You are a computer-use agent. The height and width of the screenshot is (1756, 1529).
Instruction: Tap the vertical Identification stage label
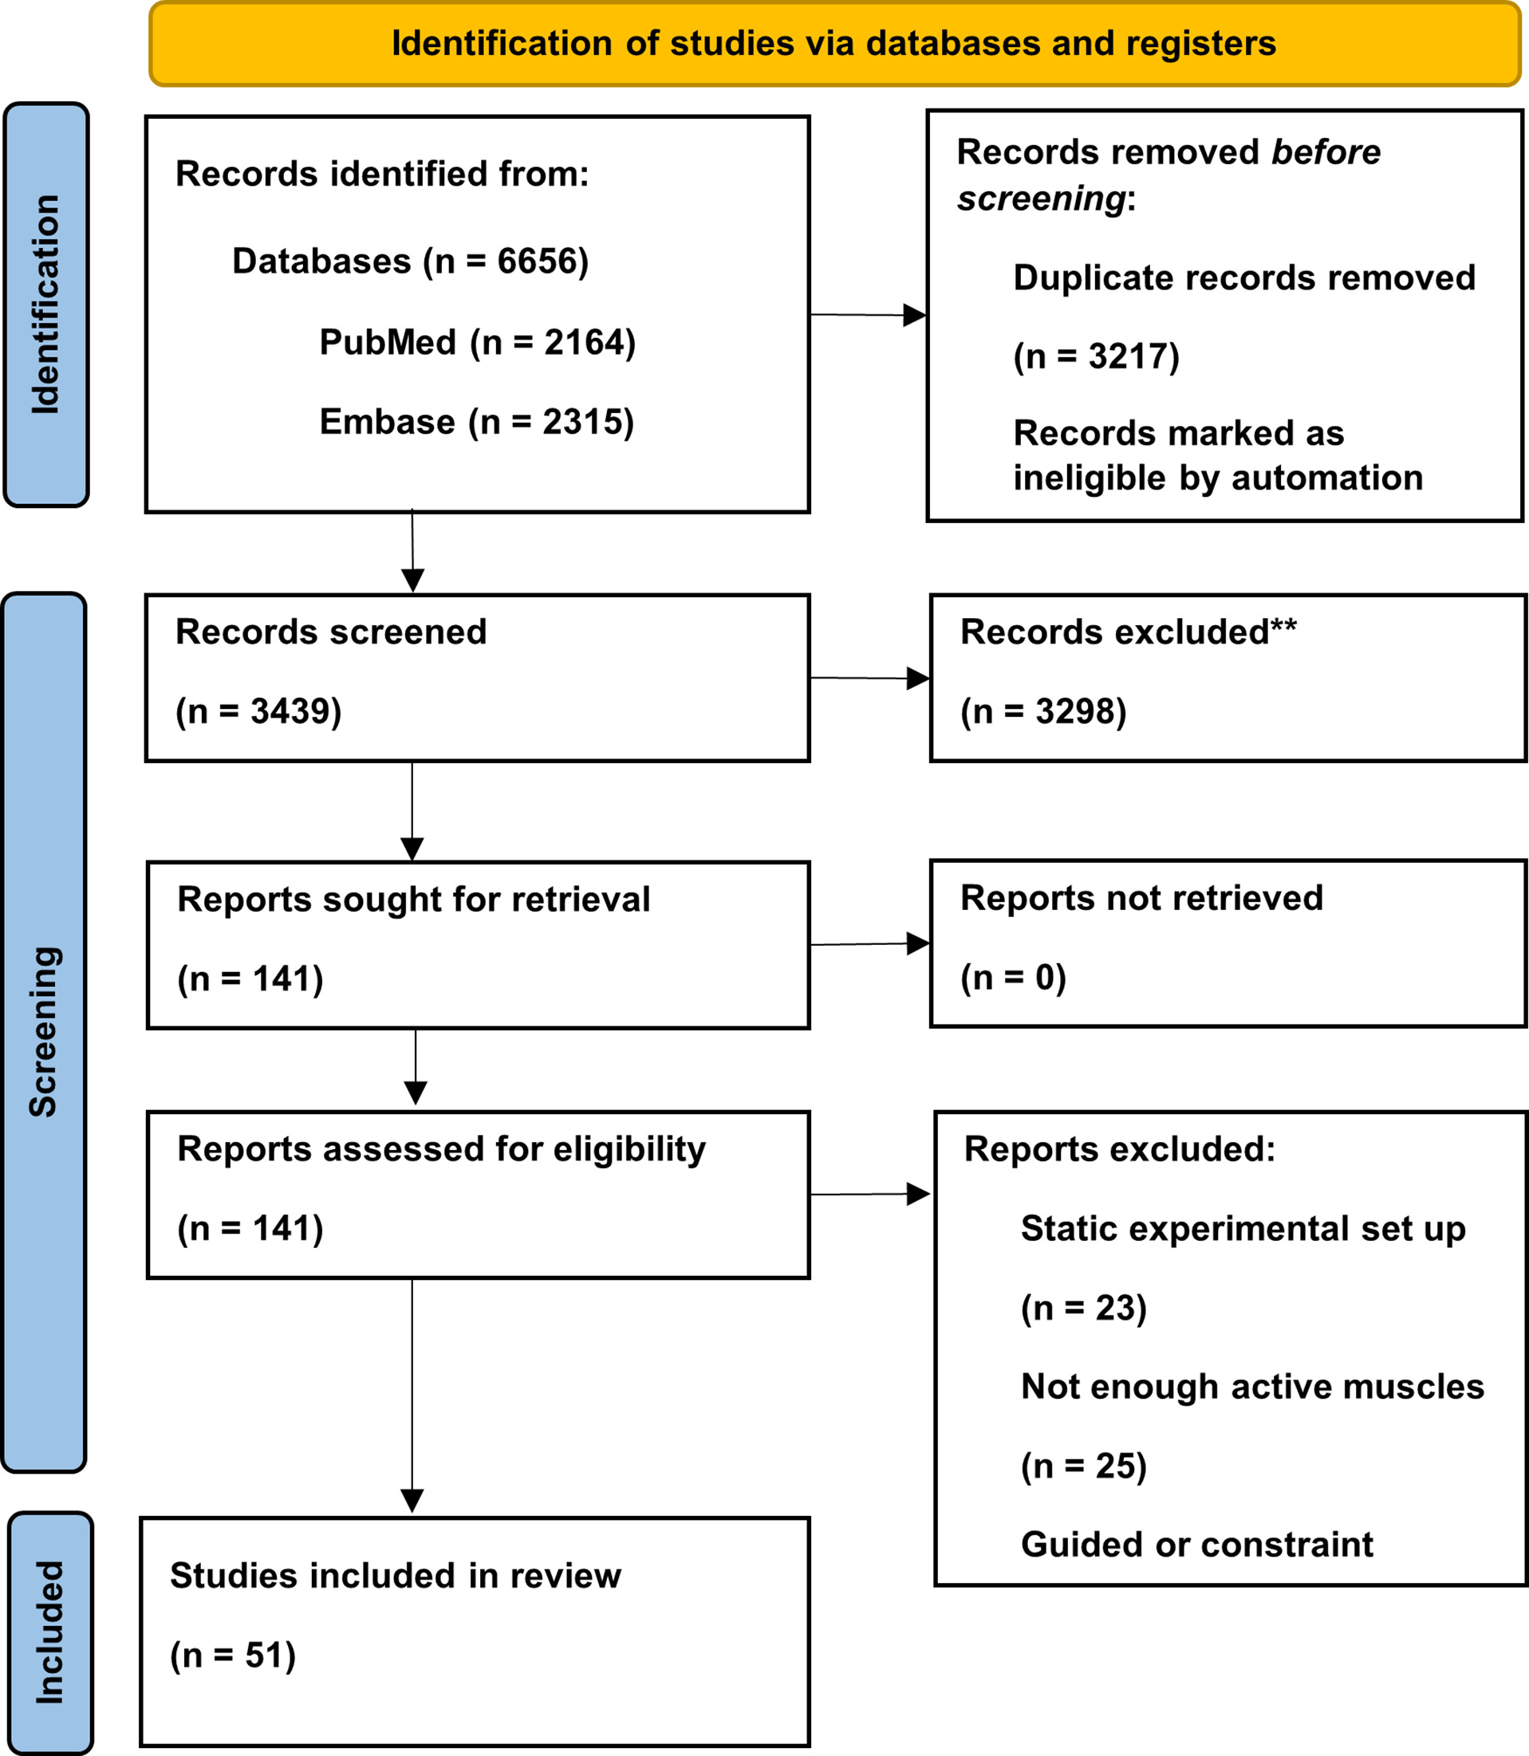point(46,305)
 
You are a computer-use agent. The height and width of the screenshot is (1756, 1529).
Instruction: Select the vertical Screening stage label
point(44,1032)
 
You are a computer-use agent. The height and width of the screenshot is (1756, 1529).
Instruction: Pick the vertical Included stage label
point(50,1632)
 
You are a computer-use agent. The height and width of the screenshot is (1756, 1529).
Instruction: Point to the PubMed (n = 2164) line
point(477,342)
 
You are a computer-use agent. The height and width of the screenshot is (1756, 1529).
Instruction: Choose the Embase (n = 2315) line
point(476,422)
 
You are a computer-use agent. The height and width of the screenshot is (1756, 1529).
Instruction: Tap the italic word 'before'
point(1325,152)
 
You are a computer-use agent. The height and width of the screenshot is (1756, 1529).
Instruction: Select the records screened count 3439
point(290,711)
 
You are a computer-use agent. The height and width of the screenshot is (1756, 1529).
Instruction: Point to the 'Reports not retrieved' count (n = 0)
point(1013,977)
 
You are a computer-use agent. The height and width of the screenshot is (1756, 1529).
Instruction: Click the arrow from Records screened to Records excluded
point(869,679)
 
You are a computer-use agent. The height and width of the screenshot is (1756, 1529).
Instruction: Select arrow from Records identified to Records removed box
point(867,315)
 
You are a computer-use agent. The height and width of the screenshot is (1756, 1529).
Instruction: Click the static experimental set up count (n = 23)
point(1083,1308)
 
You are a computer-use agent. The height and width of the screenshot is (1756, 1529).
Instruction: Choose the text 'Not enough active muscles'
point(1251,1387)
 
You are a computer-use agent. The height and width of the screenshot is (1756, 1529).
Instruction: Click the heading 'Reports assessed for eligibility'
point(441,1149)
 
